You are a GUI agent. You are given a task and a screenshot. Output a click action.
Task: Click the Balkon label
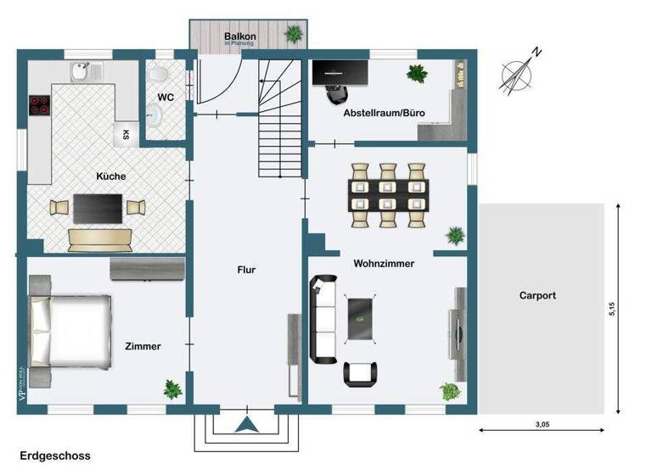click(240, 36)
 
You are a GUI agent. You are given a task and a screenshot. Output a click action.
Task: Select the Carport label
click(537, 296)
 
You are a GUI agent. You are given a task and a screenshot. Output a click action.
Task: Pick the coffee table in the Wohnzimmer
click(361, 318)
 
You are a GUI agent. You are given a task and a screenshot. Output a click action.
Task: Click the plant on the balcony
click(295, 35)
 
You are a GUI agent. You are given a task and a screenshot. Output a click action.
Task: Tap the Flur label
click(246, 270)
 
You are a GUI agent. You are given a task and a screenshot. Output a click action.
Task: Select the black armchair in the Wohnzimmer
click(361, 372)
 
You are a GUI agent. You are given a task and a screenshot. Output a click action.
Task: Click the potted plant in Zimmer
click(172, 389)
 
